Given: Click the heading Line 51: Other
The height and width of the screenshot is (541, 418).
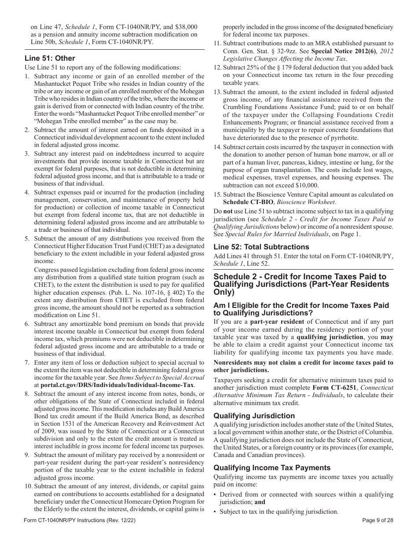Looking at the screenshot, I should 50,58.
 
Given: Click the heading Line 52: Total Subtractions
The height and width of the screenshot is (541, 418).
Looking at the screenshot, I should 261,247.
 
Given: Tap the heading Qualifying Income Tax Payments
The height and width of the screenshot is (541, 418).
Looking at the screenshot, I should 271,468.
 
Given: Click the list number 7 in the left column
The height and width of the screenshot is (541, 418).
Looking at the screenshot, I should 26,362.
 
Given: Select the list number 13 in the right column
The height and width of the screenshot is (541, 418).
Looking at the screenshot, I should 217,91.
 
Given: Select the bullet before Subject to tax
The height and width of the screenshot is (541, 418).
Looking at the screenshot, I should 215,512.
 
